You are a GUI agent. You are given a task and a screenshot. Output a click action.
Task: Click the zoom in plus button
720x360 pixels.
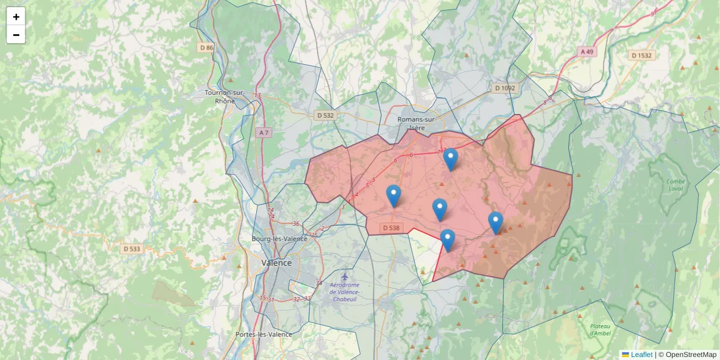tap(16, 17)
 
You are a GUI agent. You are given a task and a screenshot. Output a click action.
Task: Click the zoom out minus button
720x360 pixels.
tap(16, 35)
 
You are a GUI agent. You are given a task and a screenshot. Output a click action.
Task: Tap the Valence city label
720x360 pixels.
tap(277, 263)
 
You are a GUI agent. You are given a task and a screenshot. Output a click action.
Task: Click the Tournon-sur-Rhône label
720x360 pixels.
tap(225, 97)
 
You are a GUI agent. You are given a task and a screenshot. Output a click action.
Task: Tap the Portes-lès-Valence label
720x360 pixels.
tap(263, 334)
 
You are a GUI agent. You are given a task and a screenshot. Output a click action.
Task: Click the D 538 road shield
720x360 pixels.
tap(391, 228)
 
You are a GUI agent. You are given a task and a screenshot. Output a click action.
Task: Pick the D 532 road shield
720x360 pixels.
tap(325, 115)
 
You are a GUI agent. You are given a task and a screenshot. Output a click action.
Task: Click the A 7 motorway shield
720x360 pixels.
tap(263, 133)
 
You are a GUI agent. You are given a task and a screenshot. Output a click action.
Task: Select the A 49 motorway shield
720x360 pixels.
tap(587, 52)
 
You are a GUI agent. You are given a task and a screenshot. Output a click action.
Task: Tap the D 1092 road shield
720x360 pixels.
tap(505, 88)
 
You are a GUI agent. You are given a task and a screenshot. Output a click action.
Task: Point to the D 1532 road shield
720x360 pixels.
tap(641, 55)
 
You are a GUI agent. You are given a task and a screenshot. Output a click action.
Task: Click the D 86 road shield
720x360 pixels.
tap(206, 47)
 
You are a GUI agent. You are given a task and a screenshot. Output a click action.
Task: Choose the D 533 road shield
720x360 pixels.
tap(132, 248)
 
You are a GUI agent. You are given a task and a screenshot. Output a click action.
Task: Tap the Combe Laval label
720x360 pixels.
tap(676, 185)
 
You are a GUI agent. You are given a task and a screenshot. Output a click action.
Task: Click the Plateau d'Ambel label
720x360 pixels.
tap(599, 329)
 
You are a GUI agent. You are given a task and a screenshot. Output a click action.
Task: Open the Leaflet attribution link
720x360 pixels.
tap(641, 355)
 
